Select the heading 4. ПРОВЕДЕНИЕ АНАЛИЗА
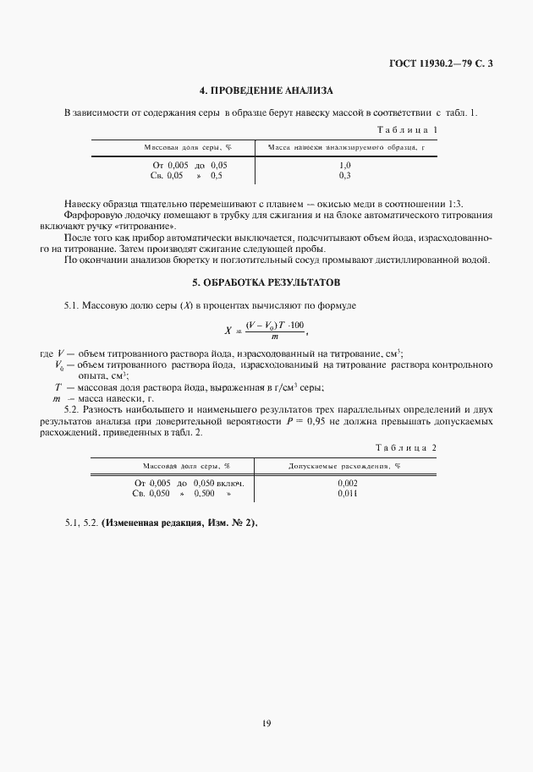266,90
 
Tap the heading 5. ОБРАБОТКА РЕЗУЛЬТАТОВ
266,280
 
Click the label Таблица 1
407,130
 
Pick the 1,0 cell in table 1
344,165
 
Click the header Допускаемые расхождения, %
344,466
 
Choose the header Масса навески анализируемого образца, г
344,148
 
